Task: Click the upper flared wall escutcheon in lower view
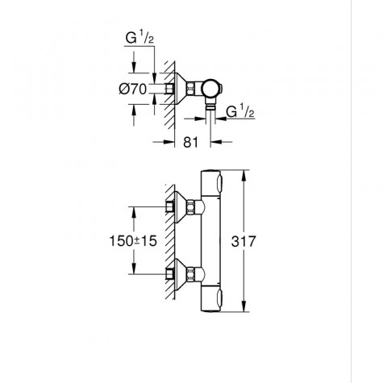click(x=179, y=207)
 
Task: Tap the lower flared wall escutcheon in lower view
click(x=179, y=274)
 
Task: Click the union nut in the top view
click(x=194, y=88)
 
